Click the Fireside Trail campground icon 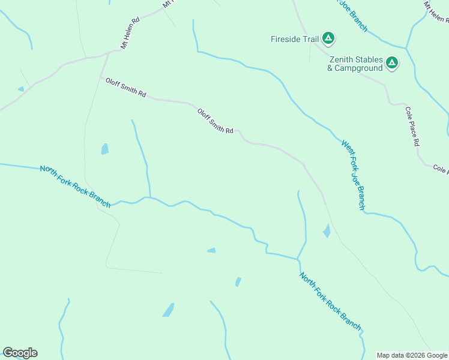328,39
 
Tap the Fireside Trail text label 294,40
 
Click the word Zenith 340,60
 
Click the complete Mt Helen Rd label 130,32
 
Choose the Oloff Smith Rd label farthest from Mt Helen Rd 215,121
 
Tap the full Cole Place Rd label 412,127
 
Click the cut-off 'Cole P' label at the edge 440,170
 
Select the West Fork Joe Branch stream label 353,175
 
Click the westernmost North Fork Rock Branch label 75,187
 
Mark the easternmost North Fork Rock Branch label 330,301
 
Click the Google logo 20,353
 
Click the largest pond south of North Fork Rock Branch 169,310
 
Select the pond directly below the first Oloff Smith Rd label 105,149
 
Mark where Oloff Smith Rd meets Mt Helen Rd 107,53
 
